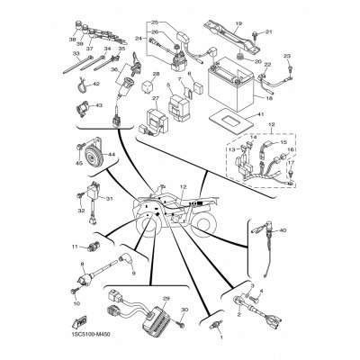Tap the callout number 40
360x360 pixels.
point(283,230)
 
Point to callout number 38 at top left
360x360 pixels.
point(71,40)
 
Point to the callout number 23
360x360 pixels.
point(290,57)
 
